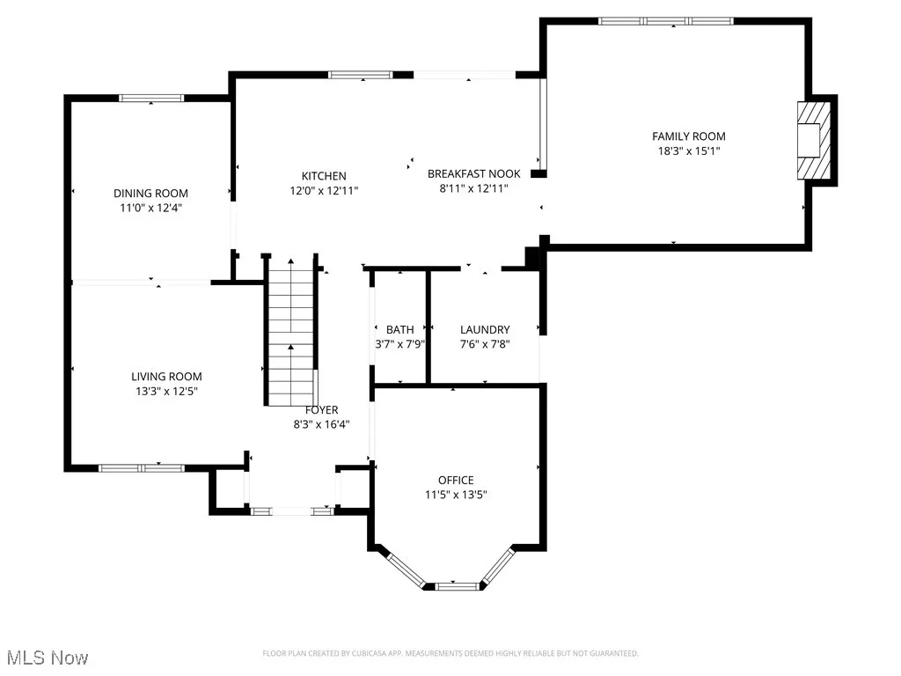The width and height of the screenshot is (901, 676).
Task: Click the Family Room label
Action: coord(688,136)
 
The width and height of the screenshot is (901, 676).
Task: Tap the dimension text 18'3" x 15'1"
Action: coord(688,151)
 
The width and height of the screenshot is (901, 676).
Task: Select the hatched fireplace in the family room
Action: coord(814,140)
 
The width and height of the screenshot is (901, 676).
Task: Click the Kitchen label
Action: coord(324,176)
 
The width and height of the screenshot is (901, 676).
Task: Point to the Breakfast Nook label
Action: coord(474,173)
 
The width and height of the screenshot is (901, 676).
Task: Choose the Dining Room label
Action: coord(150,193)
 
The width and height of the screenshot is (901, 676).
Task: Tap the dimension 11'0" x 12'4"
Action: coord(150,208)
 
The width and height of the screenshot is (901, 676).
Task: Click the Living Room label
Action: coord(166,377)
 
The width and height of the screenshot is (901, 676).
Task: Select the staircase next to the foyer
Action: coord(291,332)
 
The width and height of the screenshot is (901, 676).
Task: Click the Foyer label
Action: coord(322,410)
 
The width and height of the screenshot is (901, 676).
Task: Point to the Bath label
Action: coord(400,329)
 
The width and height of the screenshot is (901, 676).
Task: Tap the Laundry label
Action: coord(485,329)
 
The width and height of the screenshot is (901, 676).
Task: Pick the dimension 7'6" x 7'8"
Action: coord(485,344)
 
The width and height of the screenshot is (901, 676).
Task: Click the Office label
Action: coord(457,480)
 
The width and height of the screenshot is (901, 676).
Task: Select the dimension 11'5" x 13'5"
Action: coord(457,495)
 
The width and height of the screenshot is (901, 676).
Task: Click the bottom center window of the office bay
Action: coord(457,586)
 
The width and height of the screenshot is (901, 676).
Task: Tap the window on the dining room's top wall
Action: coord(151,99)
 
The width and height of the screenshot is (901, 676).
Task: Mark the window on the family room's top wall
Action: coord(666,21)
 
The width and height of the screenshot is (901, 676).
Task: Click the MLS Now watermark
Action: coord(48,658)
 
